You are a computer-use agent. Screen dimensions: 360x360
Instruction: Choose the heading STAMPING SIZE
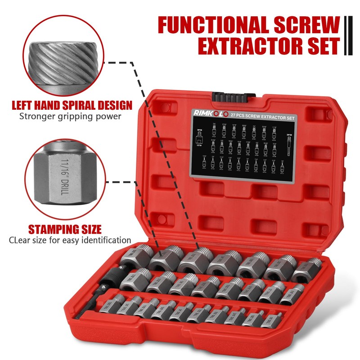coord(65,228)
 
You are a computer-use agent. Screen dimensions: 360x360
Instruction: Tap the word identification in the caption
coord(103,240)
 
